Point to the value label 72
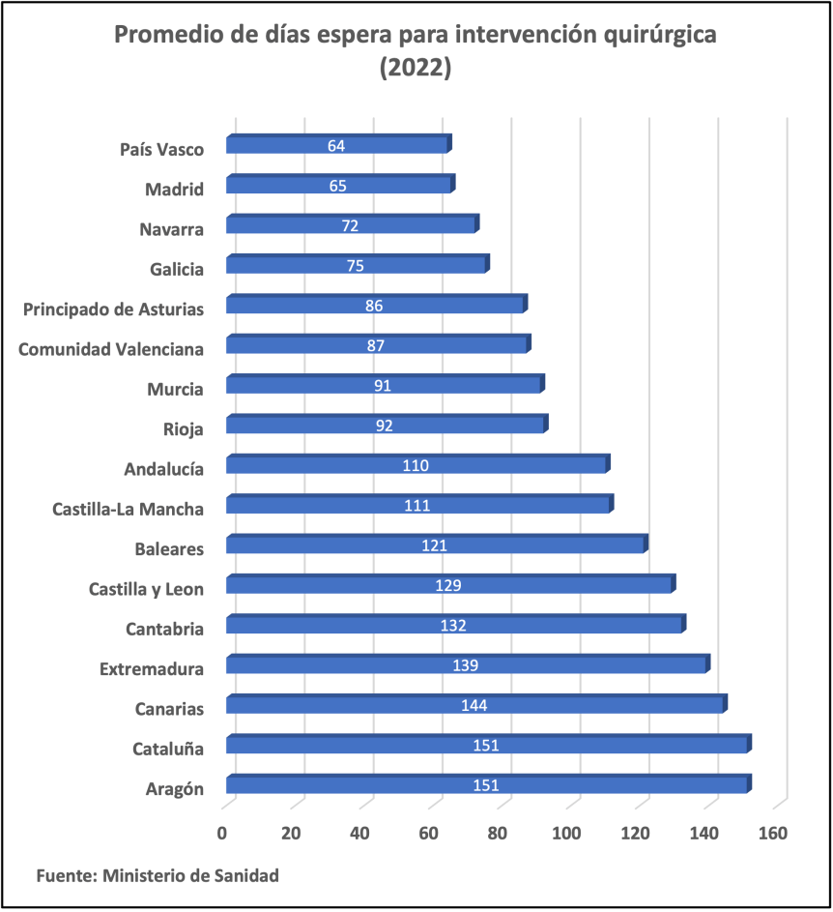pyautogui.click(x=350, y=226)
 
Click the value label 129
pyautogui.click(x=448, y=585)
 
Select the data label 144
pyautogui.click(x=474, y=706)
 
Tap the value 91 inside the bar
pyautogui.click(x=384, y=386)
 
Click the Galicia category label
pyautogui.click(x=177, y=269)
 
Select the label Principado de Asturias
pyautogui.click(x=113, y=309)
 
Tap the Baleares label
pyautogui.click(x=169, y=549)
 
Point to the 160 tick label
pyautogui.click(x=774, y=833)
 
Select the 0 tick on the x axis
pyautogui.click(x=222, y=833)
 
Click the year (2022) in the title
pyautogui.click(x=416, y=69)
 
